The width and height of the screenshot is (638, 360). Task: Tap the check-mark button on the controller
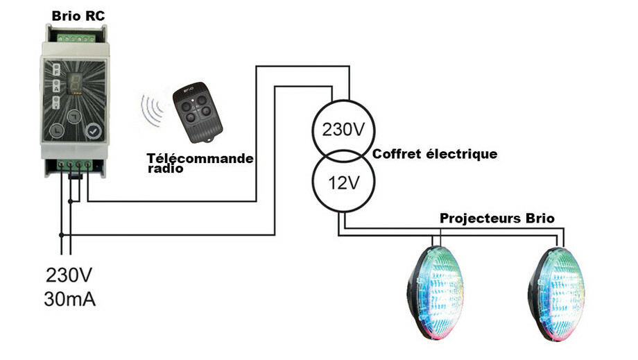point(93,130)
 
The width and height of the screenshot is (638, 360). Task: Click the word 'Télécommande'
point(200,158)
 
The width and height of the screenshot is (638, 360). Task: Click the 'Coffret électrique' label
point(436,154)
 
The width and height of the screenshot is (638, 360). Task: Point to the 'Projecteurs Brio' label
point(497,218)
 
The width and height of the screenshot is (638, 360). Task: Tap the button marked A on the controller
point(56,87)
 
